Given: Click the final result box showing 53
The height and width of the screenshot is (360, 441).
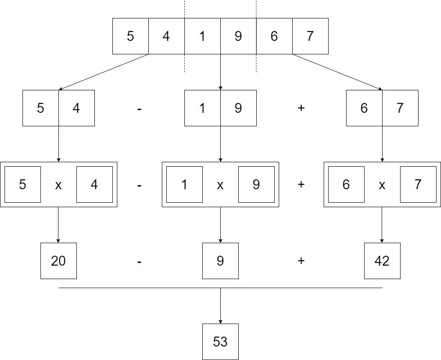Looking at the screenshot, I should [220, 342].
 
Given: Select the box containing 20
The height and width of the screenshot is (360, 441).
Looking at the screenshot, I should [58, 261].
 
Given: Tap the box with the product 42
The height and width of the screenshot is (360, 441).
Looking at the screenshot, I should [382, 261].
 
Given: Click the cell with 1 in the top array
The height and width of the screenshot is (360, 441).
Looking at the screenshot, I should [202, 36].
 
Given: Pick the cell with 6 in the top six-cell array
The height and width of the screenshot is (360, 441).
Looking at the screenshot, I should [274, 36].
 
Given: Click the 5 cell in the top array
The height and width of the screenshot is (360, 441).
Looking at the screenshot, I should [130, 36].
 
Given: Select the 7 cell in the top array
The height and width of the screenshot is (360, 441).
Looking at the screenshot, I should [310, 36].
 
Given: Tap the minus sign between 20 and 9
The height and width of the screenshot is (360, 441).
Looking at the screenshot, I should [139, 261].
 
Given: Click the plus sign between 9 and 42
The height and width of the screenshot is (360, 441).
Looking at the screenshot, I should [301, 261].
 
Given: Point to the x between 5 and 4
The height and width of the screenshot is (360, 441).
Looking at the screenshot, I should [58, 185].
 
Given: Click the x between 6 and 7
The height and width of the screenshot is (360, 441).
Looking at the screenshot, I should [382, 185].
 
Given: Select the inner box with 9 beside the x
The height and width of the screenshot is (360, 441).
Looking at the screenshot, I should [256, 184].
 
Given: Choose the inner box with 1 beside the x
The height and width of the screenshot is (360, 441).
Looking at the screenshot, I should [184, 184].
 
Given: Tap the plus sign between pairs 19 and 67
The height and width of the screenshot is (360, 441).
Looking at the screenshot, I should [301, 108].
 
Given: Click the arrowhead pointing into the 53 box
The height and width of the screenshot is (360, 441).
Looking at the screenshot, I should [220, 321].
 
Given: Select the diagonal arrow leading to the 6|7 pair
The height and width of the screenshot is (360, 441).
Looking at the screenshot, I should [337, 72].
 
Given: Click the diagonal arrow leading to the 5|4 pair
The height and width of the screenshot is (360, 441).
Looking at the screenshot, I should [103, 72].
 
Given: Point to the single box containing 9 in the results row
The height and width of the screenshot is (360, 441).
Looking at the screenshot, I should [220, 261].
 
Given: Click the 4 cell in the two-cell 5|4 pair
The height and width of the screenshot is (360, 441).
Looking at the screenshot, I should [76, 108].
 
